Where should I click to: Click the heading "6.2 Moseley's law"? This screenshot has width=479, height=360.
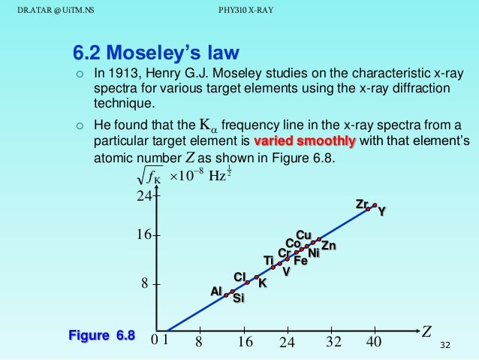[155, 53]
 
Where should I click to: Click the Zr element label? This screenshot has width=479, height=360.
[362, 204]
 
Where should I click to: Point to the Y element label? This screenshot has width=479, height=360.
[381, 212]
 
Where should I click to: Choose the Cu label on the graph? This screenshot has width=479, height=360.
[304, 234]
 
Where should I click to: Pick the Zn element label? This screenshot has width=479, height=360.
[328, 246]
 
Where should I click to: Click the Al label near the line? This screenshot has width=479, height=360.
[215, 291]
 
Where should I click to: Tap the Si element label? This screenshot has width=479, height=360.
[238, 299]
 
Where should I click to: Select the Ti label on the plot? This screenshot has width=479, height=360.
[268, 260]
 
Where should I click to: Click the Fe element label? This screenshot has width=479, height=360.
[300, 261]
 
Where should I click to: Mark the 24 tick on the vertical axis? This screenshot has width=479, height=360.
[143, 197]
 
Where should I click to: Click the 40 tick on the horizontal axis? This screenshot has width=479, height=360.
[374, 343]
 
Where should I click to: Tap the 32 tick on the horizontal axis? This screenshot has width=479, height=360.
[333, 343]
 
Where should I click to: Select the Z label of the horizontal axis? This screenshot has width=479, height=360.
[426, 331]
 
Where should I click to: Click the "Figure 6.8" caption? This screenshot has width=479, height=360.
[101, 335]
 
